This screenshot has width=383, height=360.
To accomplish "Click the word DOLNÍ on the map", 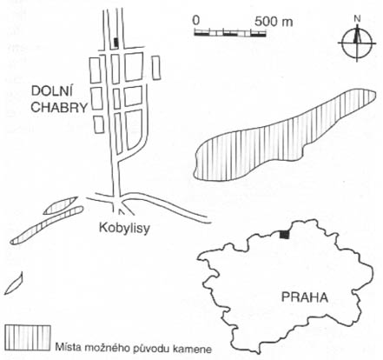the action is coord(52,91).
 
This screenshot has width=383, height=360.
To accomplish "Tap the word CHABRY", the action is coord(59,108).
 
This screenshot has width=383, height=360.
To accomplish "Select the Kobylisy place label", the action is coord(124,229).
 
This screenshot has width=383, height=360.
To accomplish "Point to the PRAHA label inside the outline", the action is coord(305,297).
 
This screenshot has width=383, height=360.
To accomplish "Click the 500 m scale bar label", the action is coord(274,22).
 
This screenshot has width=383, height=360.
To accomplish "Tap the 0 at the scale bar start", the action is coord(196,21).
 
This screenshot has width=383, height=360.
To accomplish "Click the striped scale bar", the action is coord(230,33).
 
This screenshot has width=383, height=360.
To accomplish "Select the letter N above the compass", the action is coord(358,19).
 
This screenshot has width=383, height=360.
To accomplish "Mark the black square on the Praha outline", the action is coord(285,235).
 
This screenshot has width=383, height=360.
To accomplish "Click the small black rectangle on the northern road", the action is coord(116,43).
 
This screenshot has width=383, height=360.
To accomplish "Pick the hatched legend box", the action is coord(28,337).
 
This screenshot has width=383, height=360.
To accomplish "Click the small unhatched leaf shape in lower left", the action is coord(14,283).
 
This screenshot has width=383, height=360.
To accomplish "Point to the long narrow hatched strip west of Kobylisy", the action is coord(47,225).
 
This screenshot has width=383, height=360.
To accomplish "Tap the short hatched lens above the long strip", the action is coord(61,205).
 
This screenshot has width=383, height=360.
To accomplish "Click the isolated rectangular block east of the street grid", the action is coord(156,67).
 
